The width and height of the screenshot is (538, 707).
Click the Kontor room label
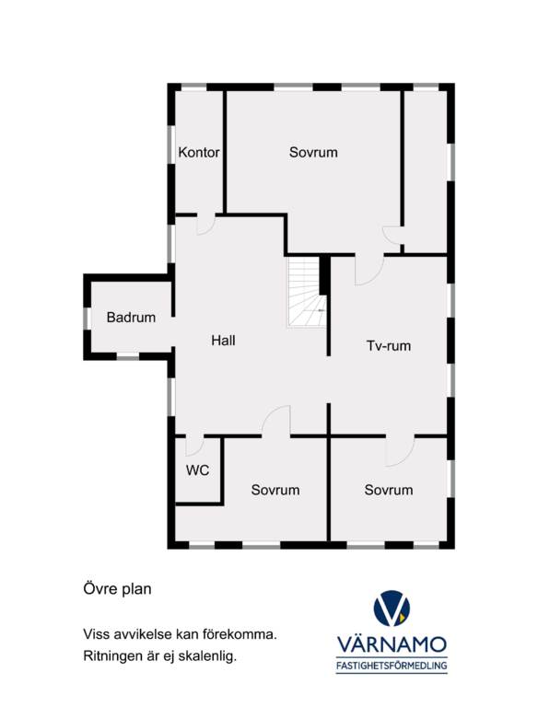coord(199,153)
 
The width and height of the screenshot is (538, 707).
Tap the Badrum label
coord(131,318)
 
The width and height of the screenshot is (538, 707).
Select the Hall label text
coord(223,341)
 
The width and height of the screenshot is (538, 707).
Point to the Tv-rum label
coord(389,346)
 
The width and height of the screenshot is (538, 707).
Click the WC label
coord(198,470)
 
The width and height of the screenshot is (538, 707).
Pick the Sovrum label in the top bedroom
coord(313,153)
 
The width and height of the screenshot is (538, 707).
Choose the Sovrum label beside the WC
coord(275,490)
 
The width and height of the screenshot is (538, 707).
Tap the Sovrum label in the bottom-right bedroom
coord(389,490)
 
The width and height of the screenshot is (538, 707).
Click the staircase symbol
coord(307,292)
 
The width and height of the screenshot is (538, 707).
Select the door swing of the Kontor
coord(206,224)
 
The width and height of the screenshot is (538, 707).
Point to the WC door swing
coord(194,446)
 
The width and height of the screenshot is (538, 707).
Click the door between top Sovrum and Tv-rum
coord(369,270)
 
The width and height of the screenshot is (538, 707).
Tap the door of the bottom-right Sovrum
coord(401,451)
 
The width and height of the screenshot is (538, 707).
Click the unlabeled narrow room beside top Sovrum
coord(426,171)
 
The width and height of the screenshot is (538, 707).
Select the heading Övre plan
coord(117,589)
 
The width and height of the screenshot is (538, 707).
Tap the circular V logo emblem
coord(392,608)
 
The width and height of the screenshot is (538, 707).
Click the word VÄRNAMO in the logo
coord(392,643)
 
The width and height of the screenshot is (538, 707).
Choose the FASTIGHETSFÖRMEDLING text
coord(392,665)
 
